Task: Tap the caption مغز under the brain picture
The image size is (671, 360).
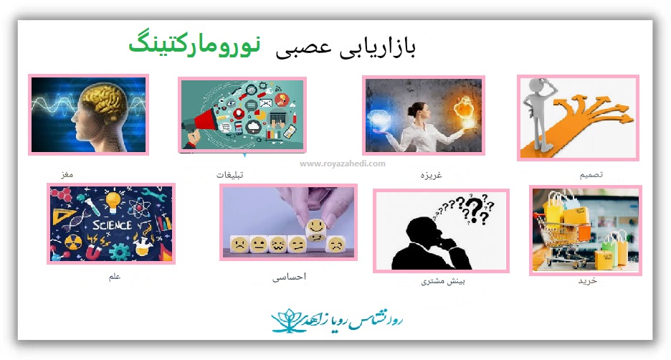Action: (x=67, y=175)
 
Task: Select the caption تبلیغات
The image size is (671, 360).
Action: (x=230, y=175)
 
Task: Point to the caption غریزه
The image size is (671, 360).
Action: (x=431, y=175)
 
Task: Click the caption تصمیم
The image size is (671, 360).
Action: (x=591, y=175)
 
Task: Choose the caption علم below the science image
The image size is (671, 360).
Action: (x=115, y=277)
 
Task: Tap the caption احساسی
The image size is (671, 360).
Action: (x=290, y=277)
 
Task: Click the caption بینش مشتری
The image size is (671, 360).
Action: (x=443, y=281)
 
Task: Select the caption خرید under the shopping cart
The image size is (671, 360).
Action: (x=588, y=281)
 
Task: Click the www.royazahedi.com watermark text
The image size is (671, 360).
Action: (x=343, y=164)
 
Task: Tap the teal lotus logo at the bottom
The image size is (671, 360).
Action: (x=287, y=321)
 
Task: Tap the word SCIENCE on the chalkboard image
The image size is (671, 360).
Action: (x=112, y=224)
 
